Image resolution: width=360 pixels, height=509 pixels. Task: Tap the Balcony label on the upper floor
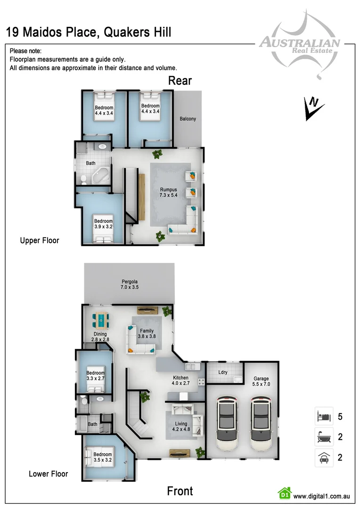(x=188, y=119)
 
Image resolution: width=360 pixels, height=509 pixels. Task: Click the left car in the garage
(x=228, y=424)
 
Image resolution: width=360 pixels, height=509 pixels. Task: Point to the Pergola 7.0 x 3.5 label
(x=130, y=284)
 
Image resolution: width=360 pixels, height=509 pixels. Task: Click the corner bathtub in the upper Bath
(x=100, y=177)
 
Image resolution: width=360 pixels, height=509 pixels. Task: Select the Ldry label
(x=223, y=372)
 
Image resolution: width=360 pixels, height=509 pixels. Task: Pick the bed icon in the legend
(x=324, y=417)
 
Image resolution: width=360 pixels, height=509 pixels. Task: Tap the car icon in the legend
(x=324, y=458)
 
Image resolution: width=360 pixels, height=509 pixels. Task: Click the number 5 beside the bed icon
(x=340, y=417)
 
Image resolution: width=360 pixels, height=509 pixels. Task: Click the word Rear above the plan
(x=180, y=81)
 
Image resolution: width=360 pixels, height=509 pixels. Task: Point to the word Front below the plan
(x=180, y=491)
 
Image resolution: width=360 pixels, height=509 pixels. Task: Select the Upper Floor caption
(x=40, y=240)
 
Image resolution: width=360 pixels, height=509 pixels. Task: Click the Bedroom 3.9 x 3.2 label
(x=103, y=224)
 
